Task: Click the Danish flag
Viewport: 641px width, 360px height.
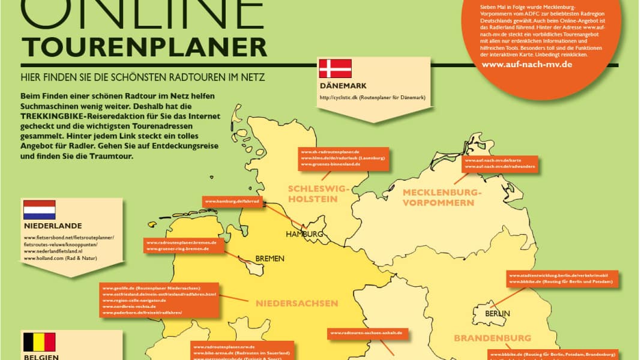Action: tap(335, 68)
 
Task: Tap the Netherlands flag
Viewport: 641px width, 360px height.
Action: tap(40, 210)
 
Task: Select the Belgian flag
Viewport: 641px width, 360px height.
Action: tap(40, 342)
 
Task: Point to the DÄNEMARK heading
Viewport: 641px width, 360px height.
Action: tap(343, 86)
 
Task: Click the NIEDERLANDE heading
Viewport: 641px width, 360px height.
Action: tap(53, 226)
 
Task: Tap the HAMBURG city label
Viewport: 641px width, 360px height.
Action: tap(304, 234)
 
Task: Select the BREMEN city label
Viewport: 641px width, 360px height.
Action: tap(269, 259)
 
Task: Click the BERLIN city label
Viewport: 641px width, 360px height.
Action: tap(498, 313)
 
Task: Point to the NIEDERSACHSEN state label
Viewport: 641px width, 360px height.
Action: tap(297, 303)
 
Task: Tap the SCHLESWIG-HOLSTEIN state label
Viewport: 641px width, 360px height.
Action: tap(318, 194)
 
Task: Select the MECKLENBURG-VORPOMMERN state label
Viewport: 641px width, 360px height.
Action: tap(442, 197)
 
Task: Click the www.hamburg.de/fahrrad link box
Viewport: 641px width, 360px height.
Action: tap(232, 202)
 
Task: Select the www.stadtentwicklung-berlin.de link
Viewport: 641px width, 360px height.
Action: tap(558, 275)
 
